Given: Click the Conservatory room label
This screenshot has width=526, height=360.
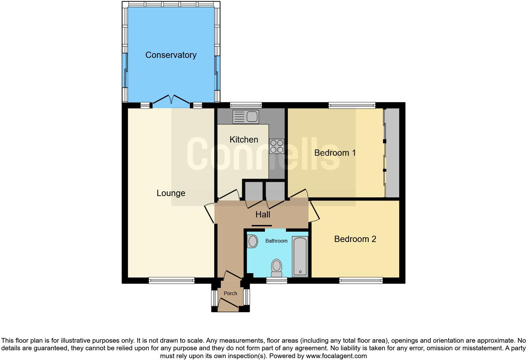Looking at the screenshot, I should (x=171, y=55).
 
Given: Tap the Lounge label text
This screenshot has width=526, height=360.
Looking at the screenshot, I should (x=171, y=193).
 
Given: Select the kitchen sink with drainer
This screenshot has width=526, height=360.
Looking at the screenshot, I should (x=245, y=117).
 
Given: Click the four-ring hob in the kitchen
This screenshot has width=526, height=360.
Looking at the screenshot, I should (x=277, y=146).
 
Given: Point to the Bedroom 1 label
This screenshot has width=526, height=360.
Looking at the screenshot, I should (x=335, y=153).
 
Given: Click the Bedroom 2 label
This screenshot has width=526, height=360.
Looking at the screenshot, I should (x=355, y=239).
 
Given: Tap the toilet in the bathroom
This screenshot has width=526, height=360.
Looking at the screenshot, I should (x=277, y=267).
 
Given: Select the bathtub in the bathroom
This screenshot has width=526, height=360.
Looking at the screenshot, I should (x=300, y=256).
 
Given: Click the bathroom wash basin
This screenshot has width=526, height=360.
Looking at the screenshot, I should (x=252, y=242).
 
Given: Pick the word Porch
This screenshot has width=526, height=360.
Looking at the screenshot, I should (x=230, y=293).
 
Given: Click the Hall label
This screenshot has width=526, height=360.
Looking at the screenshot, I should (x=263, y=215).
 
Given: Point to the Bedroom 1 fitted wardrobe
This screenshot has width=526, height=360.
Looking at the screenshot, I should (x=392, y=153).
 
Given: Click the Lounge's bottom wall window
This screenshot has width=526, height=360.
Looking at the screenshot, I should (x=171, y=280).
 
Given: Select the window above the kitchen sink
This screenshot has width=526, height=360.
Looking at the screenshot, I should (x=246, y=105).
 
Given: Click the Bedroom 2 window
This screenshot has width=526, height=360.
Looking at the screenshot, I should (x=361, y=280).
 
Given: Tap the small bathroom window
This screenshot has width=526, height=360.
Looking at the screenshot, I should (x=277, y=280).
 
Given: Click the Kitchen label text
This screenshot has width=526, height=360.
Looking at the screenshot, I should (x=244, y=140).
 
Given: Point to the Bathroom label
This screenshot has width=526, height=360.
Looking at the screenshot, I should (x=276, y=241).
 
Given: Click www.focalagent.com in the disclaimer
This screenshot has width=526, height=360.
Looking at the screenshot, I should (x=336, y=356).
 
